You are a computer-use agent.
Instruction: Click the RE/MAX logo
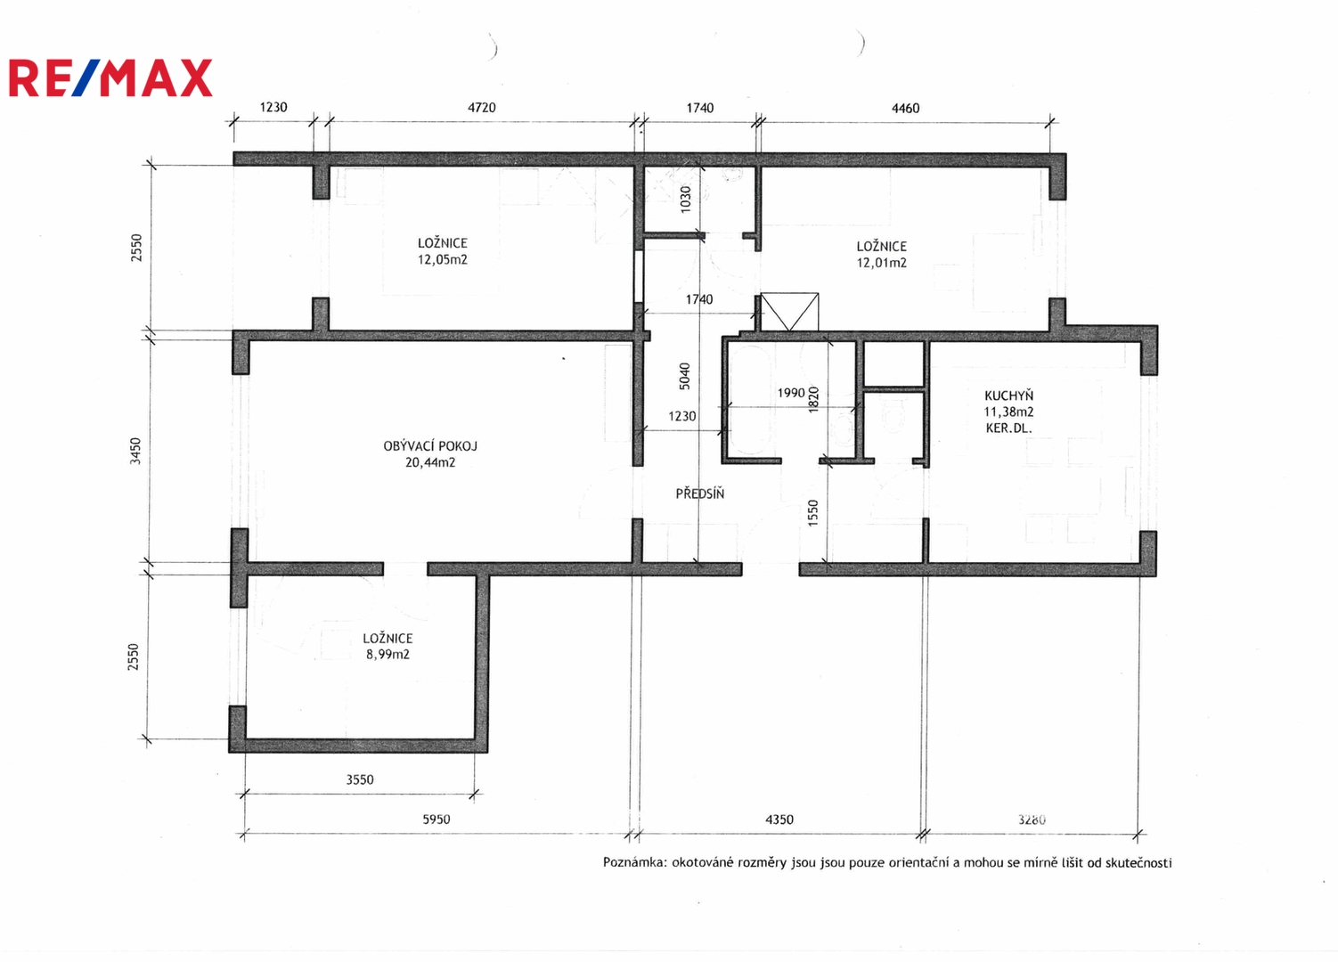click(x=110, y=77)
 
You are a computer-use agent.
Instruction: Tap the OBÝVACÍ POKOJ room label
click(x=430, y=445)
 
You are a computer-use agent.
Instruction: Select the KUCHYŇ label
click(x=1008, y=395)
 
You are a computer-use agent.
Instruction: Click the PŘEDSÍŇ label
click(x=699, y=493)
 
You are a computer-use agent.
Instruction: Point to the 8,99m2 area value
click(x=388, y=654)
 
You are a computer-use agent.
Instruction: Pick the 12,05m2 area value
click(x=442, y=260)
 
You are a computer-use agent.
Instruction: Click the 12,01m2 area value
click(x=881, y=263)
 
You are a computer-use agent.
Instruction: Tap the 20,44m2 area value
click(x=430, y=462)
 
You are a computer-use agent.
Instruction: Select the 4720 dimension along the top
click(x=481, y=108)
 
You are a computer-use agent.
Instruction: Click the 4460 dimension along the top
click(x=905, y=108)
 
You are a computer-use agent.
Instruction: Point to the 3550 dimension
click(x=360, y=779)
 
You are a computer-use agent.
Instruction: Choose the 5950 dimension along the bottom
click(x=436, y=819)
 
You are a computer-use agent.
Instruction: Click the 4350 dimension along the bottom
click(x=779, y=819)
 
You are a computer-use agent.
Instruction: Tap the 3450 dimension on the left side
click(x=135, y=451)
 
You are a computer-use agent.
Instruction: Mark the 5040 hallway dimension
click(x=684, y=376)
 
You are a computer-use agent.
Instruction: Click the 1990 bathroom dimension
click(x=791, y=393)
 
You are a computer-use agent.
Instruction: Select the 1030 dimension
click(x=686, y=199)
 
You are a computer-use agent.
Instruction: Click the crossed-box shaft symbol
click(x=789, y=312)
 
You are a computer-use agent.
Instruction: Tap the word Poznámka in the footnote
click(x=634, y=862)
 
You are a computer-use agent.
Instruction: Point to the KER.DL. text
click(x=1008, y=428)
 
